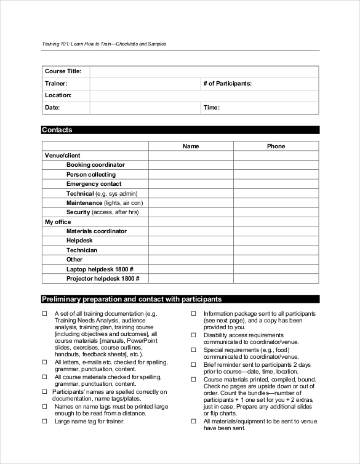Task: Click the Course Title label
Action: point(63,71)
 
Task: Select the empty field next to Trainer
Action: point(145,83)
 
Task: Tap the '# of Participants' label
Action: point(227,83)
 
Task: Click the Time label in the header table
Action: point(211,108)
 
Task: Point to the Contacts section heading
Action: point(57,130)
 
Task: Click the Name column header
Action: point(191,146)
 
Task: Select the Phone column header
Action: point(276,146)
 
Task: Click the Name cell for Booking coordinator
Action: point(191,165)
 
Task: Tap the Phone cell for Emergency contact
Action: point(276,184)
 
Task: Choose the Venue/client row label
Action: point(62,156)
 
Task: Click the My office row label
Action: point(58,222)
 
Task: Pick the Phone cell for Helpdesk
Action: point(276,241)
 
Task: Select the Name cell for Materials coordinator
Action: point(191,231)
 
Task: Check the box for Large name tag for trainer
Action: point(44,422)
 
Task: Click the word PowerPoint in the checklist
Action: point(142,340)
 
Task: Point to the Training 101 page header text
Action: point(104,44)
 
